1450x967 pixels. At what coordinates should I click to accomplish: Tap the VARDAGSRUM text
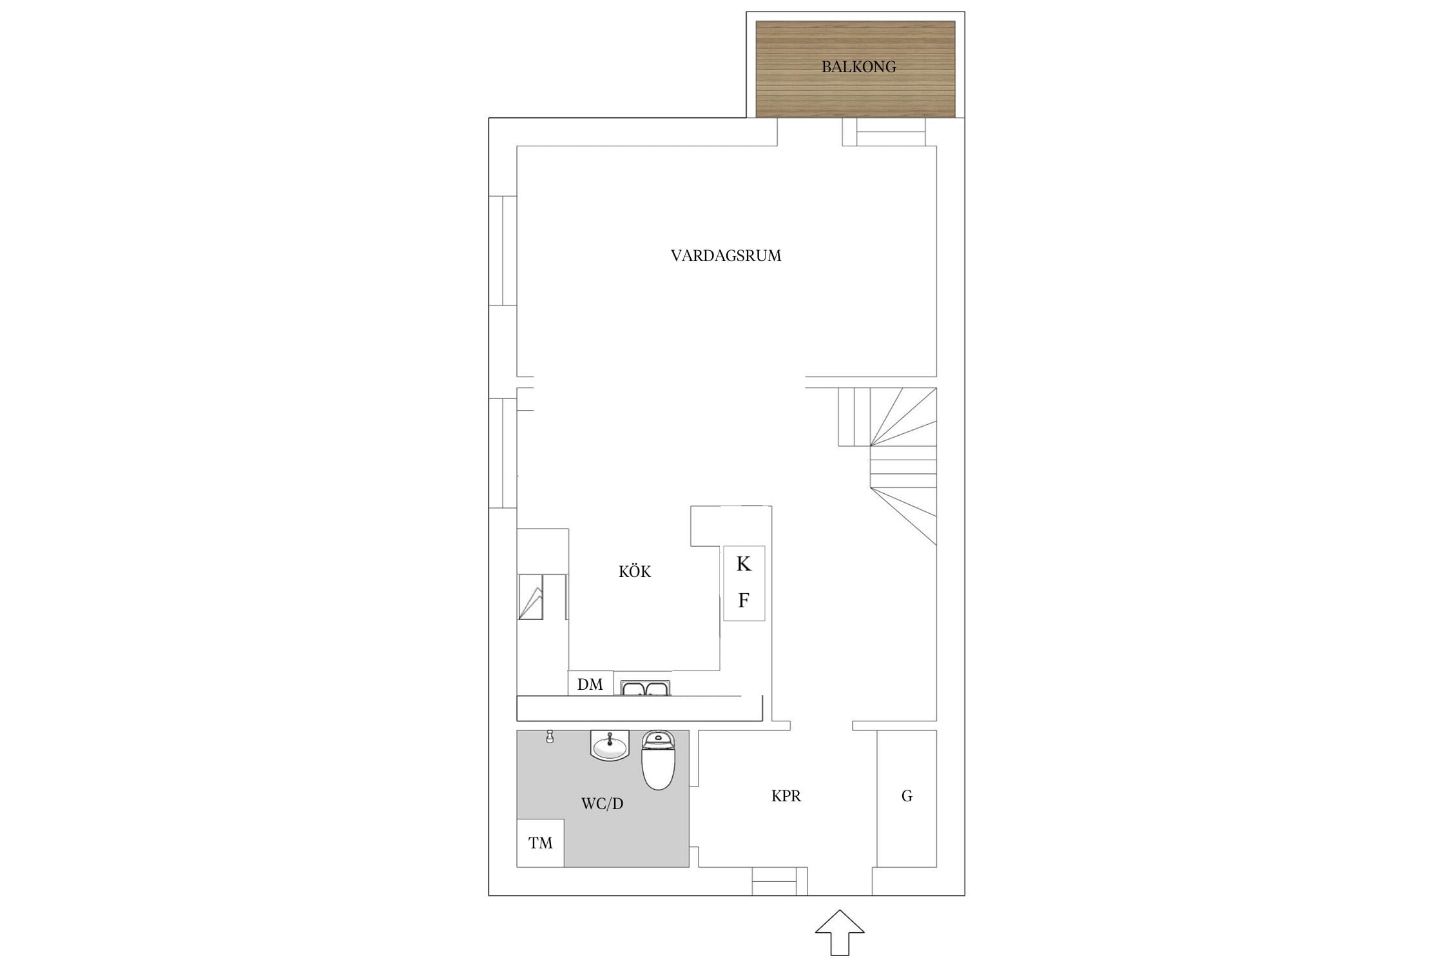(726, 256)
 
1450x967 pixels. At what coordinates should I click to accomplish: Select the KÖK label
(635, 572)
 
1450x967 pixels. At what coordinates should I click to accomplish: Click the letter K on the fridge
(744, 564)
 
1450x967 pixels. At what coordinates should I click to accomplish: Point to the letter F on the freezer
(744, 601)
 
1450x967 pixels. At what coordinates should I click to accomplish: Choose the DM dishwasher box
(590, 683)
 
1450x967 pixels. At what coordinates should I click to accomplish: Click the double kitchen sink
(646, 688)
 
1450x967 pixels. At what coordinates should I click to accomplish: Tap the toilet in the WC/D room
(657, 760)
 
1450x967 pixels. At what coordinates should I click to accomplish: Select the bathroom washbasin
(610, 746)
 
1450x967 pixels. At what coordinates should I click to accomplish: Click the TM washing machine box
(541, 843)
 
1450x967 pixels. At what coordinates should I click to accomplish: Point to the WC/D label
(603, 804)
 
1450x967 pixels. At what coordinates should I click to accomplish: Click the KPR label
(786, 796)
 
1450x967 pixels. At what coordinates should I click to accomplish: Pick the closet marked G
(907, 798)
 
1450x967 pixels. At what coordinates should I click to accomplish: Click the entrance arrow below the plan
(840, 932)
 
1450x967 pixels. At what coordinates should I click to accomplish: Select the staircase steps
(888, 465)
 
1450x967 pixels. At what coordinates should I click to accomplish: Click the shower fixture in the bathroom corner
(550, 736)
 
